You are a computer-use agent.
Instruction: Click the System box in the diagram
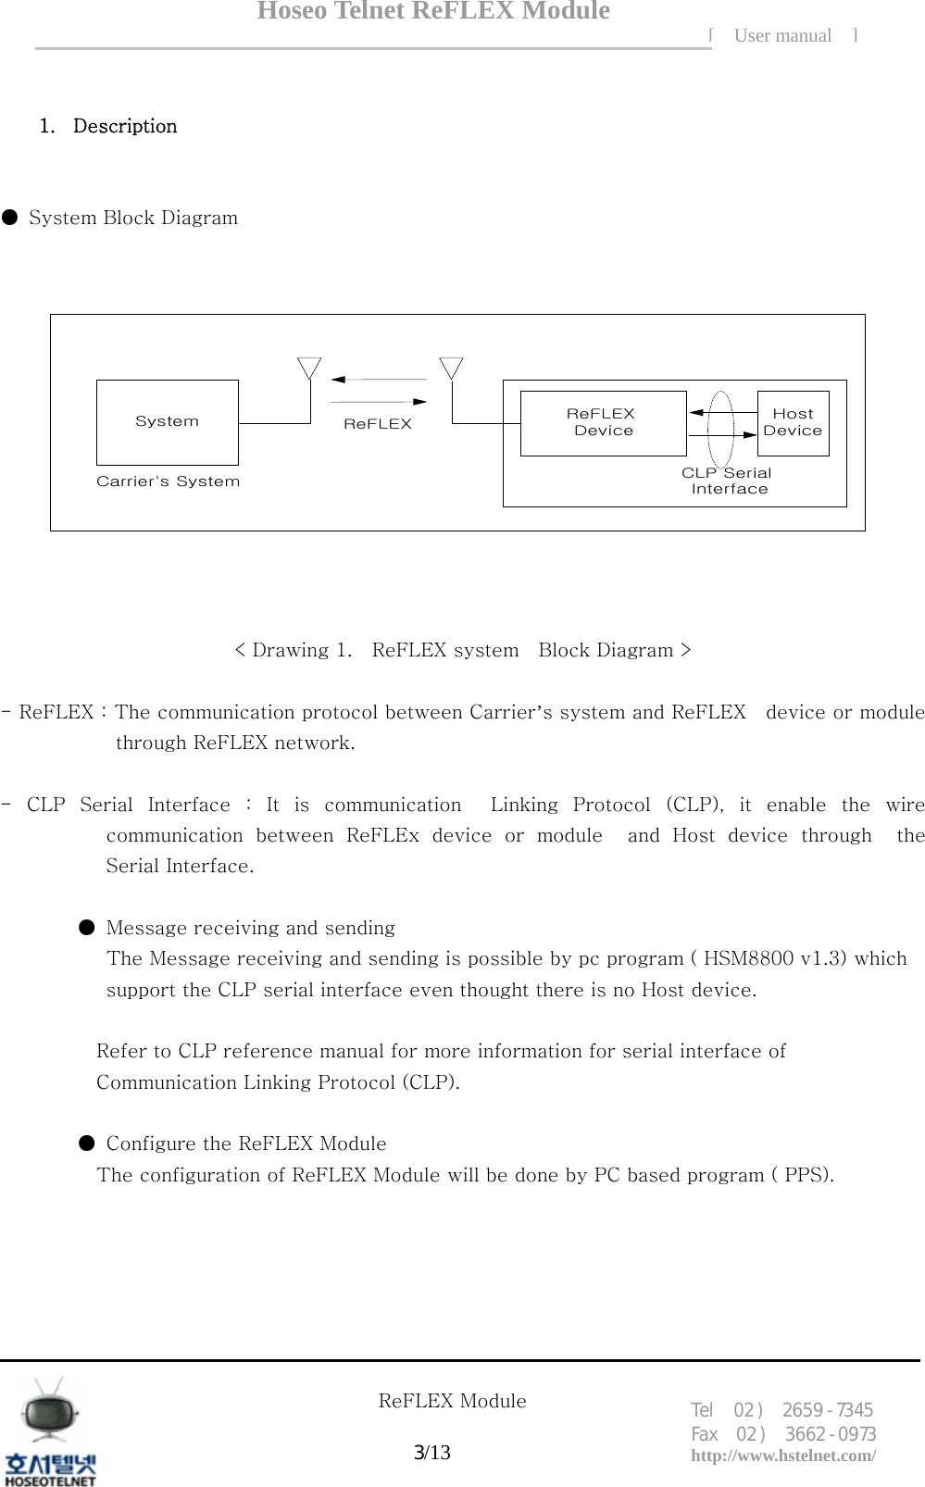point(167,422)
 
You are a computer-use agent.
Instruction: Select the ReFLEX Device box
point(603,422)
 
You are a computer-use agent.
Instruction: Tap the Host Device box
point(793,422)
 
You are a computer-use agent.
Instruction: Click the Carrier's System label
point(168,481)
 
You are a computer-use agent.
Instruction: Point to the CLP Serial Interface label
point(728,481)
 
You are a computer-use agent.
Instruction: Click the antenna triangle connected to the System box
point(309,367)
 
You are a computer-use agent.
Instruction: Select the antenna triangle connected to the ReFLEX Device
point(451,367)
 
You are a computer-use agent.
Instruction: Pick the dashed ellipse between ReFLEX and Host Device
point(721,430)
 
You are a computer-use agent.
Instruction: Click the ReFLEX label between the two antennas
point(377,424)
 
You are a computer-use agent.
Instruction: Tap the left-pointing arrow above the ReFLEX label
point(378,379)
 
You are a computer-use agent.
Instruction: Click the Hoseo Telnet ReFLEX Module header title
point(433,11)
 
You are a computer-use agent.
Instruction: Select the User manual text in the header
point(782,36)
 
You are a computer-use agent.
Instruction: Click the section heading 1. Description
point(108,126)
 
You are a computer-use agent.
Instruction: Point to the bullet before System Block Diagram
point(9,218)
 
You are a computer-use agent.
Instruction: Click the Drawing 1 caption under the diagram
point(462,650)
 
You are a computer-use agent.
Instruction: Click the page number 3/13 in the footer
point(431,1452)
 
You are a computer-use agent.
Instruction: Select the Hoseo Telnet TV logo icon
point(51,1413)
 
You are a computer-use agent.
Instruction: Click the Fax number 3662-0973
point(830,1434)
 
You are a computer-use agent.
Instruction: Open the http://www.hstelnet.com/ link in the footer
point(783,1456)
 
